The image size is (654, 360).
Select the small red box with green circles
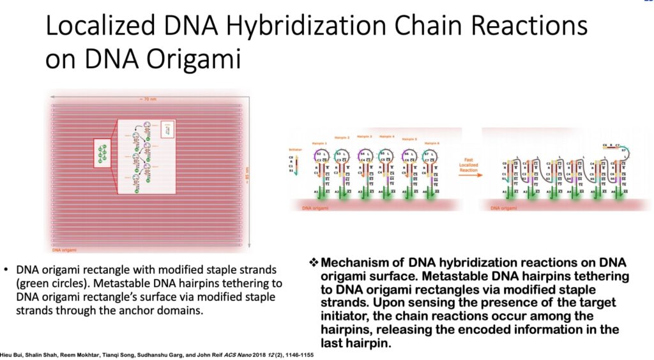coord(103,154)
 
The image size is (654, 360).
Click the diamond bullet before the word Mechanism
coord(313,263)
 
